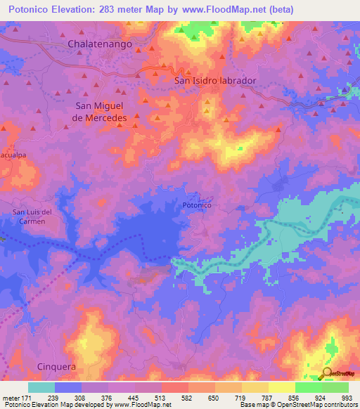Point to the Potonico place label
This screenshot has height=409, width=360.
point(197,205)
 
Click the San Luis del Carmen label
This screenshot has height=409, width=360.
point(32,216)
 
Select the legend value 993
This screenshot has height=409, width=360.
point(347,397)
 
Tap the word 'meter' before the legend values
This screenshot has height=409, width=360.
point(10,397)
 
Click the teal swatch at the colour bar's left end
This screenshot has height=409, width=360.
point(41,387)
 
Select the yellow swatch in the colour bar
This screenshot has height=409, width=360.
point(282,387)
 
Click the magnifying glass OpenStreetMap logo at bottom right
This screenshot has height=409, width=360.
point(326,373)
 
